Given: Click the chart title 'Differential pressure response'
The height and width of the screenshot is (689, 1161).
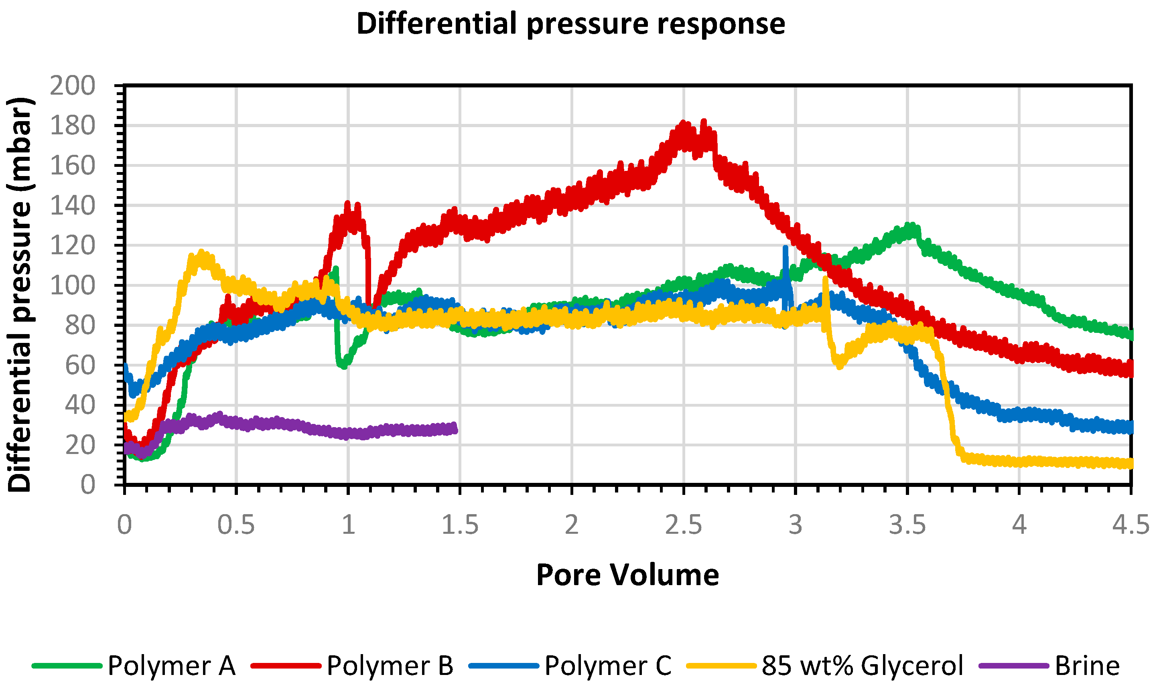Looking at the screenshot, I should [570, 24].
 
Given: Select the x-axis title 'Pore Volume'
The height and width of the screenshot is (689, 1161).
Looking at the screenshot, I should [627, 575].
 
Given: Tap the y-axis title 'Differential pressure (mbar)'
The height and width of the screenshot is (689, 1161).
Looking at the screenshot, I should [20, 294].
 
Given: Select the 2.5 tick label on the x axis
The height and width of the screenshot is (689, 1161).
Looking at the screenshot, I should [683, 525].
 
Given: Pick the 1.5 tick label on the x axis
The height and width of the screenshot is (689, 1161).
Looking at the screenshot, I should [459, 525].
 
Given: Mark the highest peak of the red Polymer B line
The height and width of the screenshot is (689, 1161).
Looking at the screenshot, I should [704, 122].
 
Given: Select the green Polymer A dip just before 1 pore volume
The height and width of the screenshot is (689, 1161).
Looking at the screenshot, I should [343, 365].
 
